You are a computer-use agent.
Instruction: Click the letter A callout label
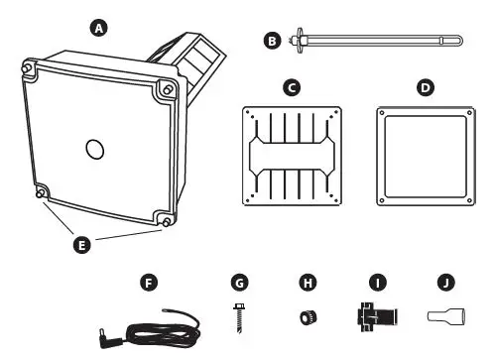97,29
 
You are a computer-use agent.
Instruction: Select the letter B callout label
271,41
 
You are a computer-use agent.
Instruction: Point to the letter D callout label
426,88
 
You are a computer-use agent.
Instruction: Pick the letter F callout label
150,284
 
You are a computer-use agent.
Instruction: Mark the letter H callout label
305,284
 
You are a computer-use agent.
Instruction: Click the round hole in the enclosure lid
94,149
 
